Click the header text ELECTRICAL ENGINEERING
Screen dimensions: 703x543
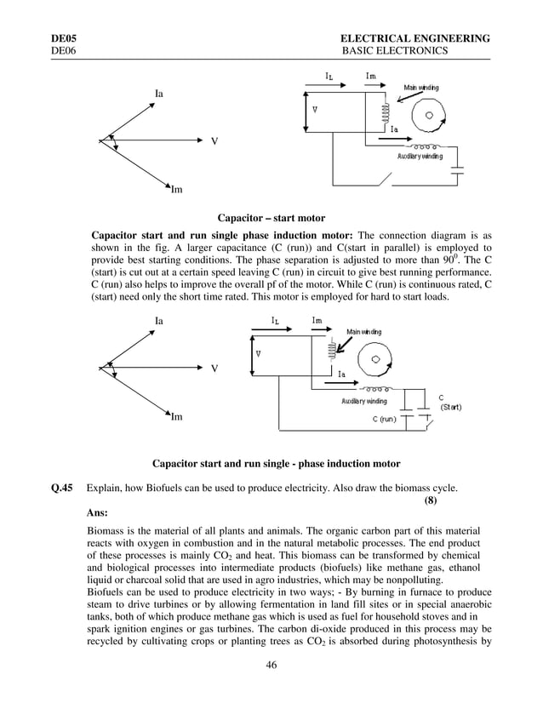[414, 39]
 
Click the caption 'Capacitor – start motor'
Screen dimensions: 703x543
[271, 219]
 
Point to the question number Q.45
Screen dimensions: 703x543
[63, 488]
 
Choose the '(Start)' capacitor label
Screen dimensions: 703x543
[450, 408]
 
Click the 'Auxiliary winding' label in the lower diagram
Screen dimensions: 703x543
[363, 400]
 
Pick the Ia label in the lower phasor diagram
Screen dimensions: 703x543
[159, 320]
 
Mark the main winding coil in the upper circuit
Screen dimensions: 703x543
[386, 111]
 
